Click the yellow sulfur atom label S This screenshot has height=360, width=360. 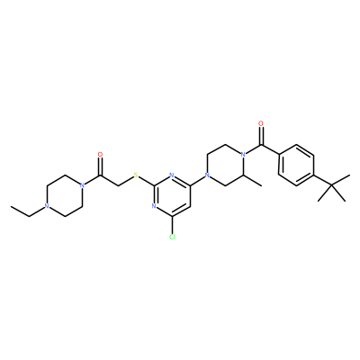pos(136,175)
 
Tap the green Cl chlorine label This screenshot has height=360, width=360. pos(172,237)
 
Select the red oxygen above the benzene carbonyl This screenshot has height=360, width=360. pos(261,123)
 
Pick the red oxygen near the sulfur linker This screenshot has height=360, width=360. pos(100,155)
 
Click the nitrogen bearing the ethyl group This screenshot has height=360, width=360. pos(46,206)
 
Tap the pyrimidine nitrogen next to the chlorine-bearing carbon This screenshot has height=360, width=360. pos(154,206)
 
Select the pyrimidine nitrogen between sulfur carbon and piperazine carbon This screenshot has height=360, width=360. pos(172,175)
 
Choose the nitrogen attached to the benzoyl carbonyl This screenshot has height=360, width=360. pos(244,155)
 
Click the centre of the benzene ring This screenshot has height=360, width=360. pos(296,165)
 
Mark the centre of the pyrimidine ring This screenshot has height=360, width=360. pos(172,196)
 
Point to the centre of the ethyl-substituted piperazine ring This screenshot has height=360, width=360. pos(64,196)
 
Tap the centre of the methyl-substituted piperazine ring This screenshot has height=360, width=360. pos(226,165)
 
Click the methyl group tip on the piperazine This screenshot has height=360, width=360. pos(262,185)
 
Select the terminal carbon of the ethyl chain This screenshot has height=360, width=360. pos(11,206)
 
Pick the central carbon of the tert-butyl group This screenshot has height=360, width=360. pos(332,185)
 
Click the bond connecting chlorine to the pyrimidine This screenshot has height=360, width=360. pos(172,225)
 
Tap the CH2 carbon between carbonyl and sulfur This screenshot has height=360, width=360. pos(118,185)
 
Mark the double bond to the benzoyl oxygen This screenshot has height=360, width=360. pos(261,136)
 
